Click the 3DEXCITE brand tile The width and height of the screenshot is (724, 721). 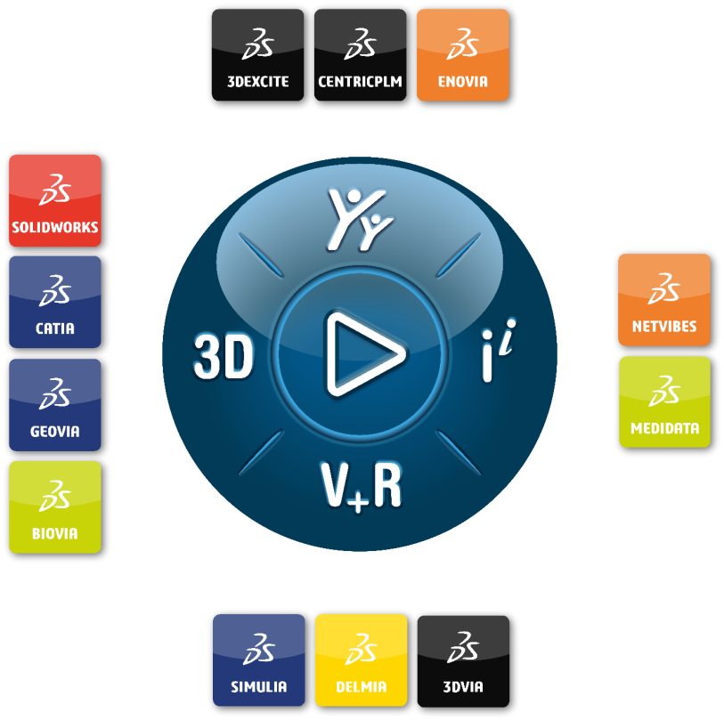point(257,55)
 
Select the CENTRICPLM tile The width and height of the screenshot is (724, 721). point(360,55)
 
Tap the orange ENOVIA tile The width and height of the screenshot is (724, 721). point(463,55)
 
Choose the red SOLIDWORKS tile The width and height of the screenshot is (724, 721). point(55,200)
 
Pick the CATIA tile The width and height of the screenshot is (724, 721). point(55,302)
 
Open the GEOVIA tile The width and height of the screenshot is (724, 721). point(55,405)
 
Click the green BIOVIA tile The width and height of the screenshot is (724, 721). point(55,506)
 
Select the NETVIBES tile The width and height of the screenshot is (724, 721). point(664,300)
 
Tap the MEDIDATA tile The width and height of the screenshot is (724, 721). point(665,401)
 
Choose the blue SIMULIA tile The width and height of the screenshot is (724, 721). point(259,660)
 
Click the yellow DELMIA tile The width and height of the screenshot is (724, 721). point(361,660)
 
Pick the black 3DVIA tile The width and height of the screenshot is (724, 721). point(463,661)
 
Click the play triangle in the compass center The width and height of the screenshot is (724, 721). point(363,354)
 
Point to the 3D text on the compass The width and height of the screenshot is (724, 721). point(224,356)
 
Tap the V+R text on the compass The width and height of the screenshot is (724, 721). point(361,486)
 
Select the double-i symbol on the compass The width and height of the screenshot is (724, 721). point(498,350)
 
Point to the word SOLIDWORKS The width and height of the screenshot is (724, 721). point(55,227)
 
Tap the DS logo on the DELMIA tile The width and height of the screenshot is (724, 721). point(361,649)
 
